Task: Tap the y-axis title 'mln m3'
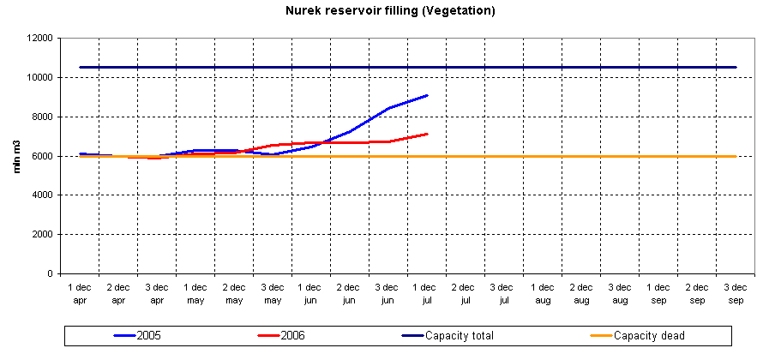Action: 17,156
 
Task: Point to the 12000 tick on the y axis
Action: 40,38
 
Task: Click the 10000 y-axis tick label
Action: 40,77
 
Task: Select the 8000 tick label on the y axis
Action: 43,117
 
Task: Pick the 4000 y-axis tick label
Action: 43,195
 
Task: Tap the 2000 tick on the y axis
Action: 43,235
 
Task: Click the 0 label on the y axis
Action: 51,274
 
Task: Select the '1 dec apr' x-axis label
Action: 80,294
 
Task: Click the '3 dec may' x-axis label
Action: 273,294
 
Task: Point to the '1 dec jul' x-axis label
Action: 427,294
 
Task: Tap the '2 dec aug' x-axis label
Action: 581,294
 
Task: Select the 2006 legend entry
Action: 291,335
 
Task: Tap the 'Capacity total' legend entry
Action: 462,335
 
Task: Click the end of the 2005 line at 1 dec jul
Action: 427,95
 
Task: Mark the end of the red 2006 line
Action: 427,134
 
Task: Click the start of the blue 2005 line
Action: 80,153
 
